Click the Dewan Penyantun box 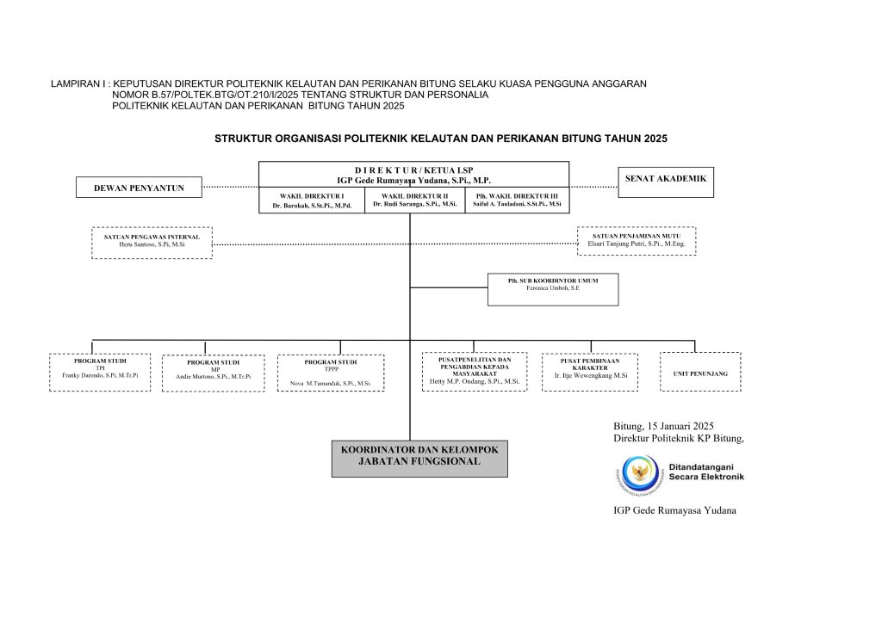[139, 187]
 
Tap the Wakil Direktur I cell [313, 200]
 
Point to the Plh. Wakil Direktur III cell [517, 200]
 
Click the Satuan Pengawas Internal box [152, 242]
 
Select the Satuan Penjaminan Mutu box [636, 241]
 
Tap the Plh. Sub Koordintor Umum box [552, 290]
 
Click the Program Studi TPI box [100, 372]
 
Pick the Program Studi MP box [213, 373]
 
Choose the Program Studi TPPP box [331, 373]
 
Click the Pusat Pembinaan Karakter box [589, 372]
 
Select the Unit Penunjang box [699, 372]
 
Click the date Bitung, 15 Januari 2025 [663, 426]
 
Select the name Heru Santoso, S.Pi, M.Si [152, 245]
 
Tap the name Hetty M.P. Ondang [475, 380]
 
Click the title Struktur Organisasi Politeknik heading [441, 138]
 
